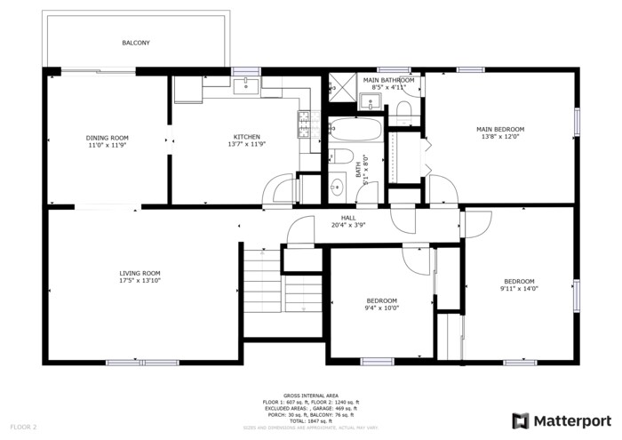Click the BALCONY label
pyautogui.click(x=136, y=43)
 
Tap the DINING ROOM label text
pyautogui.click(x=108, y=137)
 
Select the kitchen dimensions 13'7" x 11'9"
pyautogui.click(x=222, y=144)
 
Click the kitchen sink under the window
pyautogui.click(x=245, y=86)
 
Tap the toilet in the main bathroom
pyautogui.click(x=404, y=108)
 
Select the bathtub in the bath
pyautogui.click(x=355, y=132)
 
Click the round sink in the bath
pyautogui.click(x=337, y=188)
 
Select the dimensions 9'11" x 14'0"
pyautogui.click(x=519, y=288)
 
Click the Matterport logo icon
pyautogui.click(x=521, y=420)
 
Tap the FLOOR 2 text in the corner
pyautogui.click(x=23, y=427)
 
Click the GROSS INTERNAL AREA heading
pyautogui.click(x=311, y=396)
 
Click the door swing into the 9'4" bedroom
pyautogui.click(x=415, y=259)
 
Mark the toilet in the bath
pyautogui.click(x=339, y=157)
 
